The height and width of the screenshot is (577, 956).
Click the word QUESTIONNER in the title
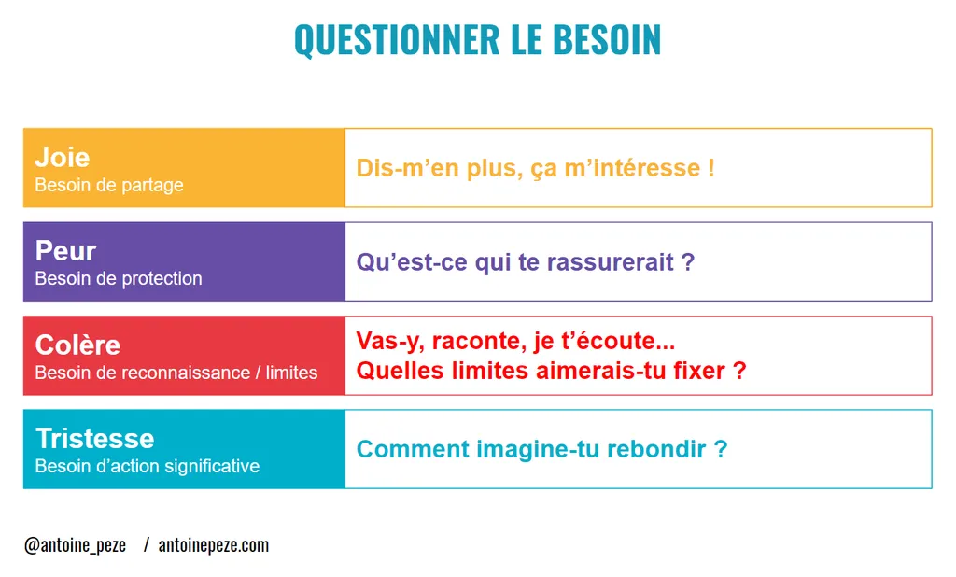coord(397,39)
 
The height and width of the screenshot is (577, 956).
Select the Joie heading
coord(62,157)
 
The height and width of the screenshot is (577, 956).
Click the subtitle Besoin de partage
coord(108,185)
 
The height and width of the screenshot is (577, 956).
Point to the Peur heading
coord(65,250)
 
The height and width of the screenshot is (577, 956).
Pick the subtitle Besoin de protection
coord(118,278)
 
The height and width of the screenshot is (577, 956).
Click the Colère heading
coord(77,345)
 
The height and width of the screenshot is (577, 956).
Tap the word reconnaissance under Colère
coord(180,373)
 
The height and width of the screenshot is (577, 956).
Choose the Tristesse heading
coord(94,438)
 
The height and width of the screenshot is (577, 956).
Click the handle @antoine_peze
coord(75,545)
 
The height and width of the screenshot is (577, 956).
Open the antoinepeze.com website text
coord(214,545)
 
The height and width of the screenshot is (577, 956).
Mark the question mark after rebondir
coord(720,449)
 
